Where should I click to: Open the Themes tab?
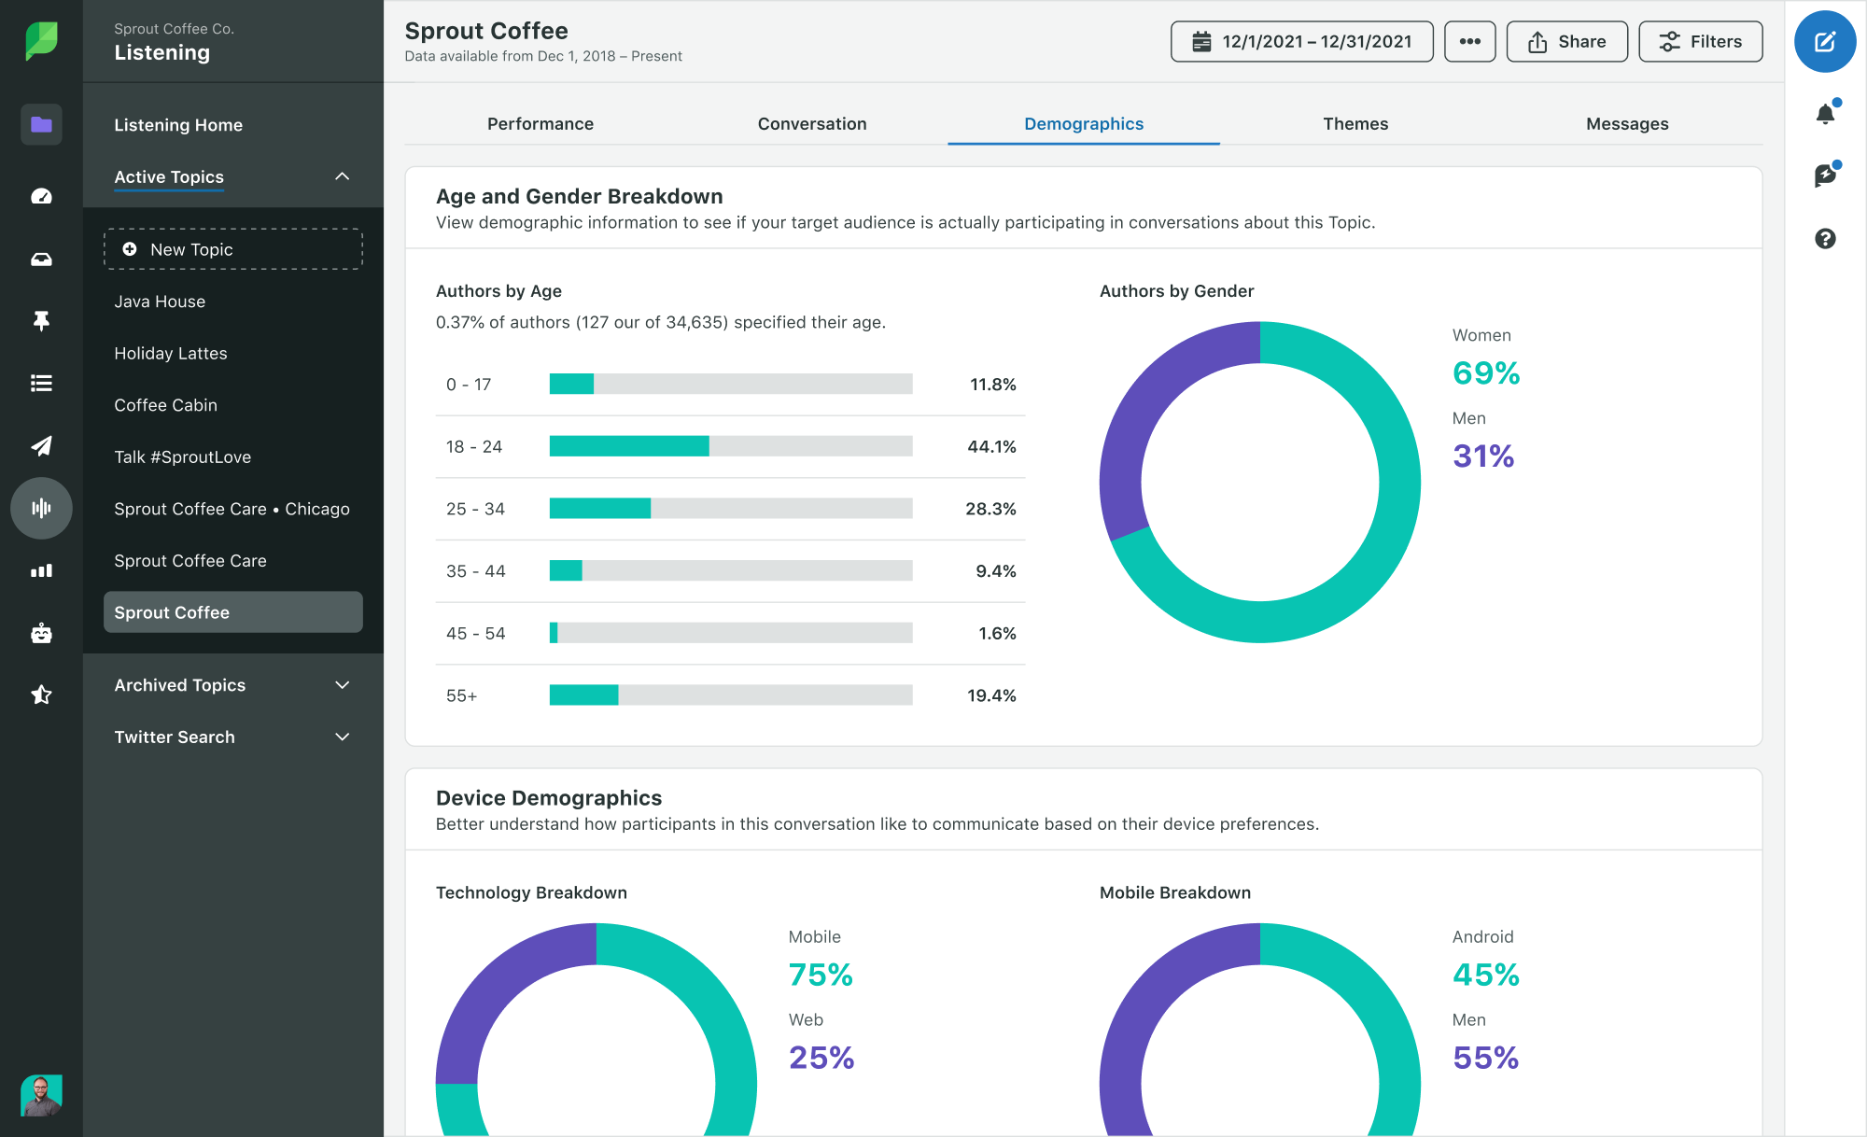pos(1355,124)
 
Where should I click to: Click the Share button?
pos(1566,42)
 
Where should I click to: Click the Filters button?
pos(1700,42)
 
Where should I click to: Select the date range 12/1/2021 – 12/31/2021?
pos(1301,42)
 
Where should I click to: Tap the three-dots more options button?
pos(1469,42)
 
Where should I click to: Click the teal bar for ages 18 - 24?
pos(628,446)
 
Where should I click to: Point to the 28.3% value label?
pos(990,509)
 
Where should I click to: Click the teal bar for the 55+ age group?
pos(583,695)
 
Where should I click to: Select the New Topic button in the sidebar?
pos(232,249)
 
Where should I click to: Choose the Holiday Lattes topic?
pos(171,354)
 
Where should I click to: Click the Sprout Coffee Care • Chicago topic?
pos(232,509)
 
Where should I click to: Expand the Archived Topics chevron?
pos(342,685)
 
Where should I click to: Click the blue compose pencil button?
pos(1824,42)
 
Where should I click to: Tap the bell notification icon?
pos(1825,114)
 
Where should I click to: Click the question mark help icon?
pos(1825,239)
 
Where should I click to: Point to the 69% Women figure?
pos(1485,373)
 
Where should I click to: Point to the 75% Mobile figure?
pos(821,975)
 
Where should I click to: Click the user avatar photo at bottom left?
pos(41,1095)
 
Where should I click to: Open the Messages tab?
pos(1626,124)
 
